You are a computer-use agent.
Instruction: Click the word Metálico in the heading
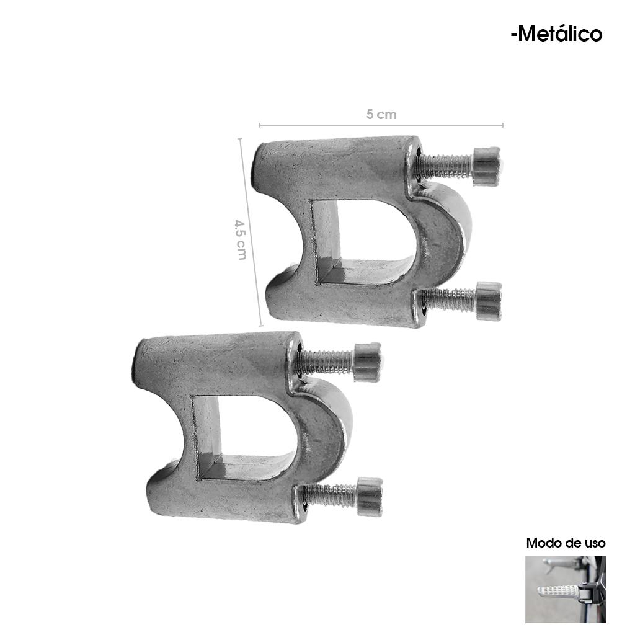(560, 33)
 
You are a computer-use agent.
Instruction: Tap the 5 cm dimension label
(381, 115)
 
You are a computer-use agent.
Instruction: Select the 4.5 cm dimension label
(241, 239)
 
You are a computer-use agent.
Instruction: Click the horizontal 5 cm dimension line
(381, 125)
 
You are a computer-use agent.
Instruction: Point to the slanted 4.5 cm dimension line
(251, 232)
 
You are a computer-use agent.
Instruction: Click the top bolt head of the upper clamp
(487, 166)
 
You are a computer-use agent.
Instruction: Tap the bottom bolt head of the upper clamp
(489, 301)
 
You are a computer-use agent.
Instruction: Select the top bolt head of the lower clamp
(367, 362)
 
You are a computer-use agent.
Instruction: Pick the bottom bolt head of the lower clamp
(370, 497)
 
